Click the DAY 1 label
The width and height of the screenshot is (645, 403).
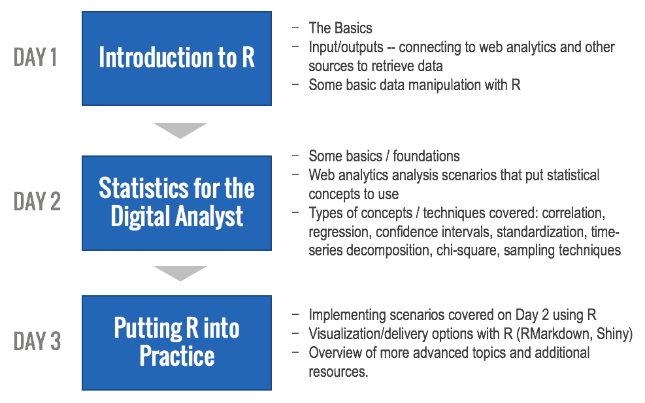[35, 57]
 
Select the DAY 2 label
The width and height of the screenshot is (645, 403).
[37, 201]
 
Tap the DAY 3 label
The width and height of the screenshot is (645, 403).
[37, 342]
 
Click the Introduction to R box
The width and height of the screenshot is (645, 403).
[176, 58]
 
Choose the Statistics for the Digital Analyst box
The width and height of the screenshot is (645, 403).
[176, 202]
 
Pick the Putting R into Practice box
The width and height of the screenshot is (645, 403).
[176, 342]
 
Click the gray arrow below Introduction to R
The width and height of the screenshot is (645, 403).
[180, 129]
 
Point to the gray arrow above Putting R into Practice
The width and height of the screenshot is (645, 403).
[180, 272]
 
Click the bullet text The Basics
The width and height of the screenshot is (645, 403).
[340, 28]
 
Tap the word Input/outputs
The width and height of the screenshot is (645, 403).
[346, 48]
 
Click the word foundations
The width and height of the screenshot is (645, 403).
[426, 156]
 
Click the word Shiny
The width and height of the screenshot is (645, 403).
[614, 334]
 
